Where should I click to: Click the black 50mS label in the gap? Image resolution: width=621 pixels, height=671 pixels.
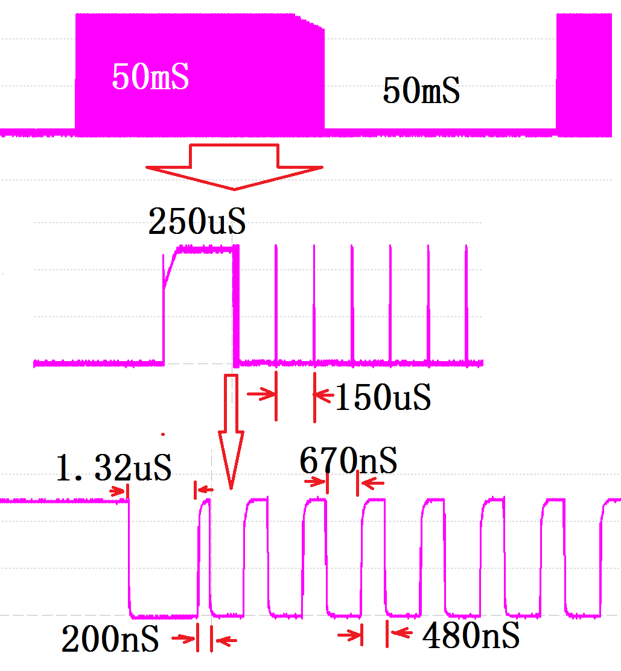tap(421, 91)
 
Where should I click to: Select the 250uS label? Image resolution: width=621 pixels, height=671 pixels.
tap(197, 222)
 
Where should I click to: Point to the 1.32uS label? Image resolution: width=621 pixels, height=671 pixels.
tap(113, 468)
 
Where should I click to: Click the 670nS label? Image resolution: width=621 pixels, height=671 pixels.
tap(348, 461)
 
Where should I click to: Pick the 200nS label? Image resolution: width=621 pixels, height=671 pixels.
tap(110, 640)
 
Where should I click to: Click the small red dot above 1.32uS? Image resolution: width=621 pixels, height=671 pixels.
tap(162, 433)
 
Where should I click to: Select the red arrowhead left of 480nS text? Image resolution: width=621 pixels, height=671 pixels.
tap(399, 633)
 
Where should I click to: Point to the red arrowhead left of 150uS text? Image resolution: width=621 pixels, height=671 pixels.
tap(323, 395)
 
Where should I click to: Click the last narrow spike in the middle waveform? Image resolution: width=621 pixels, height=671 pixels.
tap(466, 301)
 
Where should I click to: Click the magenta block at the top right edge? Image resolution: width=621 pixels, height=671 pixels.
tap(588, 72)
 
